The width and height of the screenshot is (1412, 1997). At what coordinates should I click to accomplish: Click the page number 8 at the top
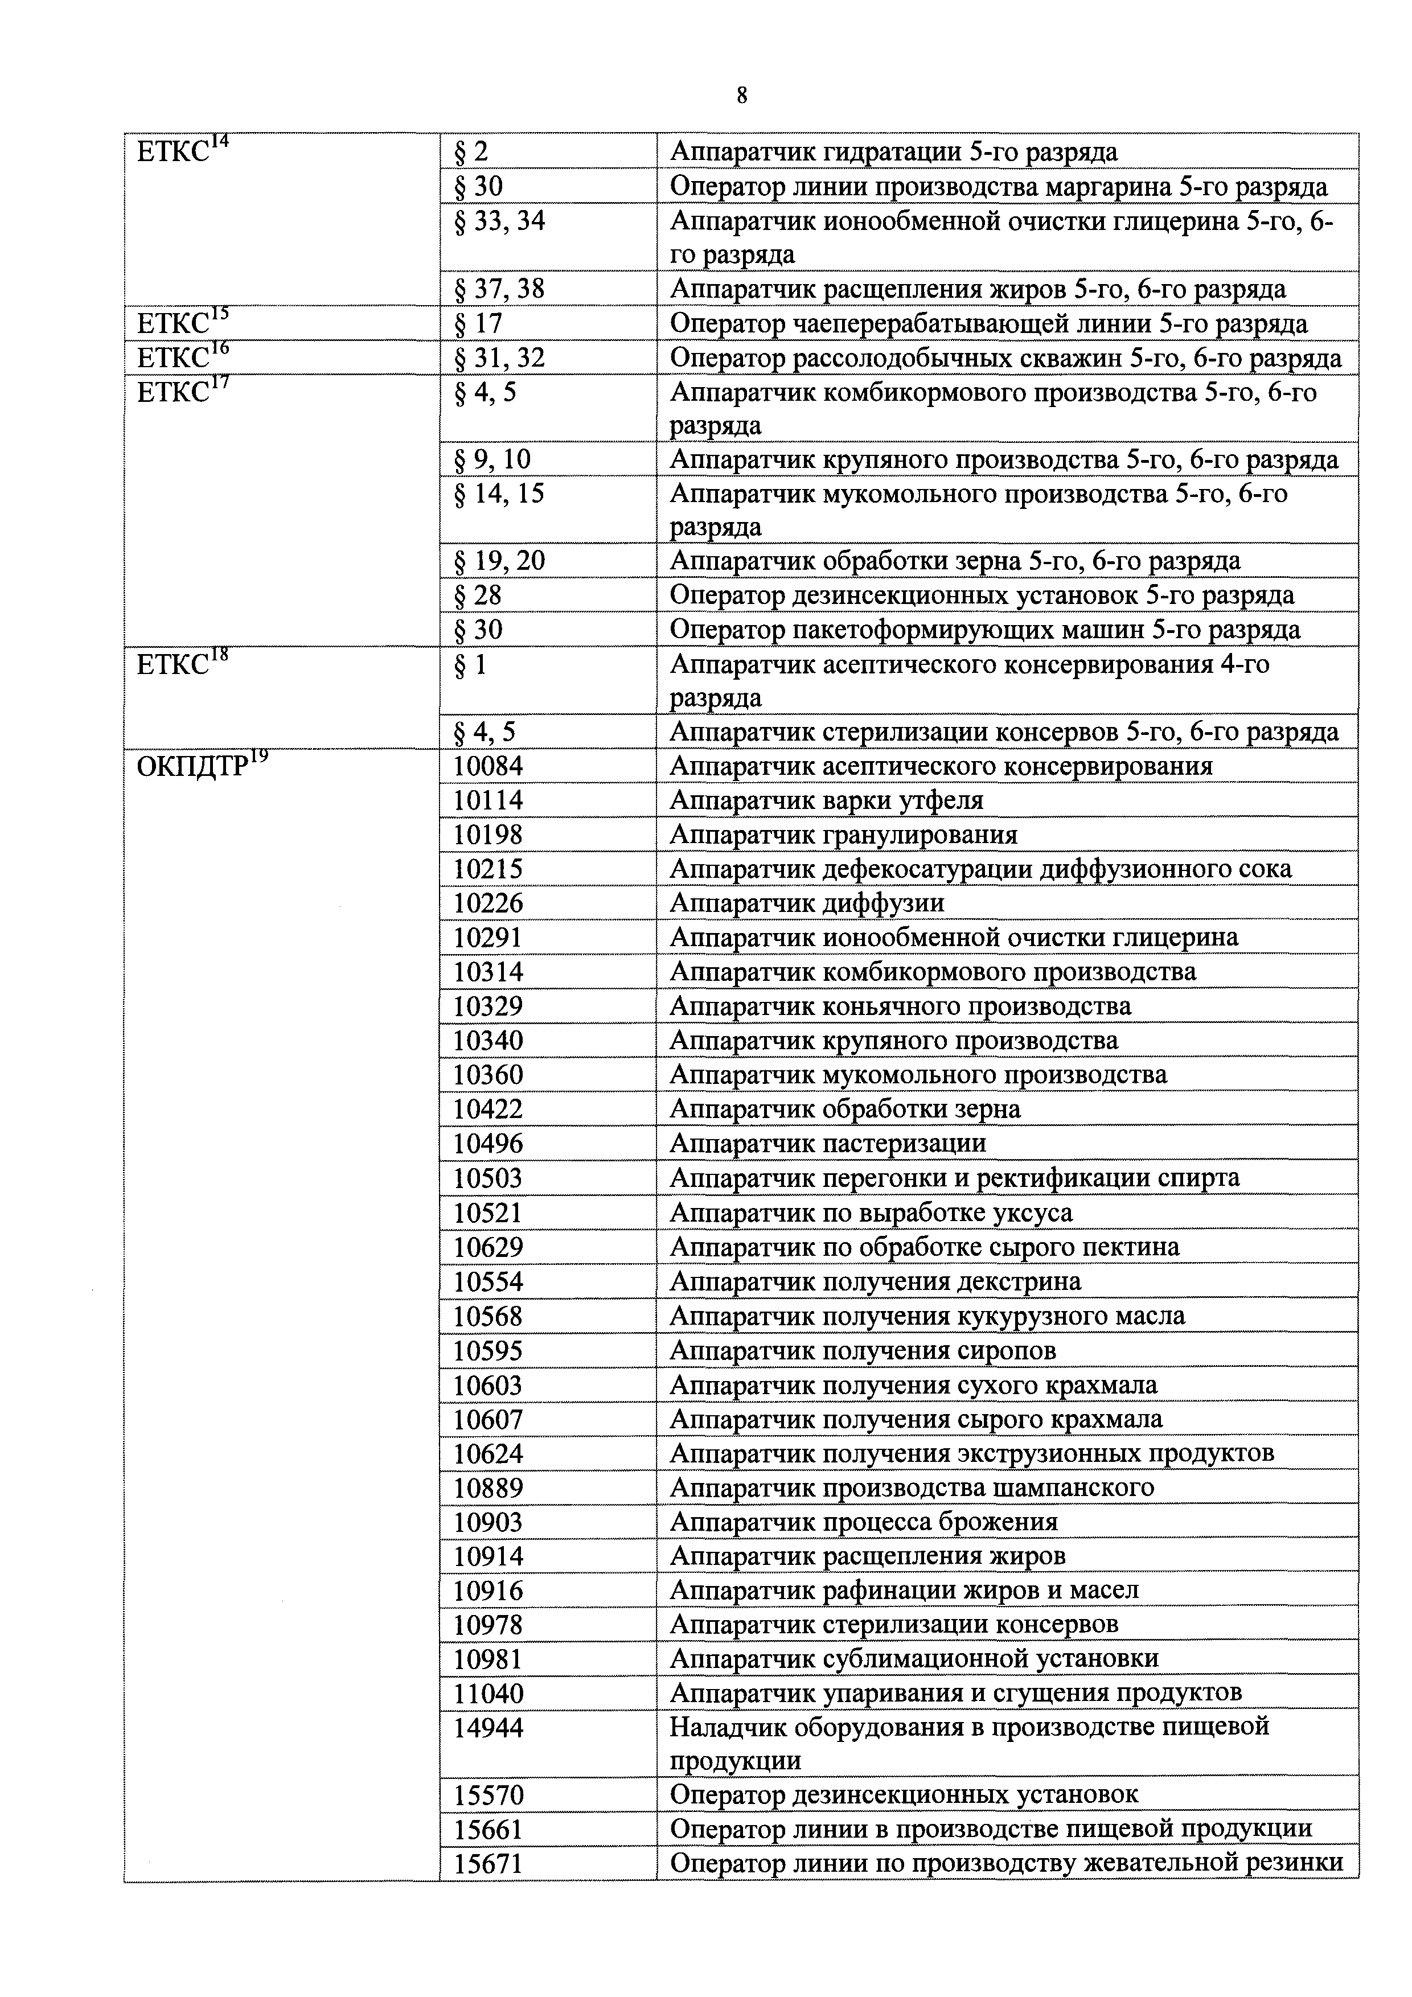pos(741,96)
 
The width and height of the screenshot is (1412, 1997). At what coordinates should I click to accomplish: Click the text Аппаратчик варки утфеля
pos(827,800)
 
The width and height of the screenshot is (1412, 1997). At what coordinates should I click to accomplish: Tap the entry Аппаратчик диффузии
pos(806,903)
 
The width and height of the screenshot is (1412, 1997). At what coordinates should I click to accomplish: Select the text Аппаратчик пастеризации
pos(827,1144)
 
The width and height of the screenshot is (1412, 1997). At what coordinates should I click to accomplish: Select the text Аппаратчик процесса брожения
pos(863,1522)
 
